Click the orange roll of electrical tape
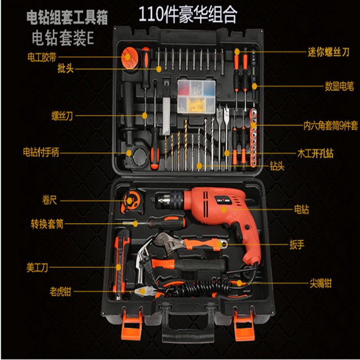130,58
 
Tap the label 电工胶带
42,57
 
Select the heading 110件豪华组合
188,15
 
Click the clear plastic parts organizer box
196,97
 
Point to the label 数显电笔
339,86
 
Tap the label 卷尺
49,200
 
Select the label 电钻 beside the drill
302,209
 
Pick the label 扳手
297,245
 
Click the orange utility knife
120,264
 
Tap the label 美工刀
37,268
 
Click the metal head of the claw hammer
142,262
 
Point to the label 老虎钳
60,292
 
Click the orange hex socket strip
254,137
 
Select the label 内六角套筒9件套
331,126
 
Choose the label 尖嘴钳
321,284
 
